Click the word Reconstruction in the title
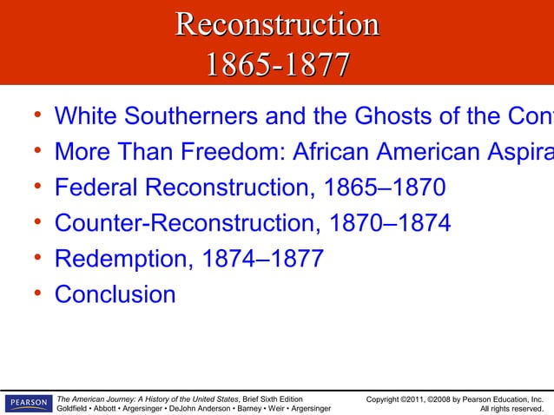coord(277,24)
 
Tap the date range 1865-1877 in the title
coord(277,65)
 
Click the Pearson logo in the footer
coord(26,403)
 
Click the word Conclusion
coord(115,294)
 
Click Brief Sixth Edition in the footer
coord(274,399)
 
